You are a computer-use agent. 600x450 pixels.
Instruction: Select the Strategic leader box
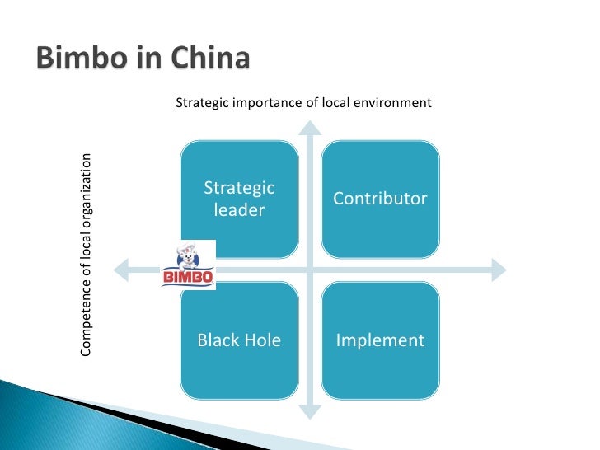point(239,199)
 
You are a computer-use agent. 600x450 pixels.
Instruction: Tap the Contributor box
point(380,199)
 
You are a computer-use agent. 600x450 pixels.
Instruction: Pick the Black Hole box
point(239,340)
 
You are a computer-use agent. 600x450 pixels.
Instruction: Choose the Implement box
point(380,340)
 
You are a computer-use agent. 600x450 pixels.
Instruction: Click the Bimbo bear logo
point(188,265)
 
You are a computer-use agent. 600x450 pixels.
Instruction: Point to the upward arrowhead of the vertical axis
point(309,128)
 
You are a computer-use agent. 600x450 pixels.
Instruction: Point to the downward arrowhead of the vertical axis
point(309,410)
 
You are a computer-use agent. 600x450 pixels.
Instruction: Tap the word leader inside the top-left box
point(239,210)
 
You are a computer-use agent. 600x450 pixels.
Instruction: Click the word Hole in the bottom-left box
point(262,340)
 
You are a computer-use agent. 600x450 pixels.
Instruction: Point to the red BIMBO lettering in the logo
point(188,279)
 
